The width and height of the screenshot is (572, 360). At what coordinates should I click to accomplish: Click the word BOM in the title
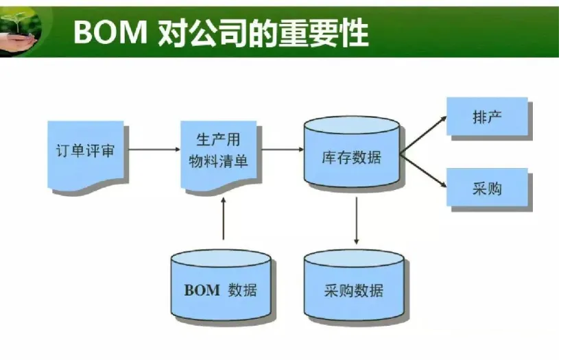pyautogui.click(x=110, y=32)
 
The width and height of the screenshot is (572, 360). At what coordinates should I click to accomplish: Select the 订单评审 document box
pyautogui.click(x=86, y=155)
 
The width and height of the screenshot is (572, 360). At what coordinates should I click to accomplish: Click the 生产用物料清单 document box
pyautogui.click(x=219, y=155)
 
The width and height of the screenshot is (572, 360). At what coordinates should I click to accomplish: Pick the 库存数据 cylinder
pyautogui.click(x=352, y=152)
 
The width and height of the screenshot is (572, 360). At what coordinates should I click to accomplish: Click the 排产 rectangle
pyautogui.click(x=487, y=117)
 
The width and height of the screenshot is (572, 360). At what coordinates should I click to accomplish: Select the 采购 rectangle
pyautogui.click(x=487, y=187)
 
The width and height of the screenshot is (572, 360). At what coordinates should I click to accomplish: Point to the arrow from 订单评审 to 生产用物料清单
pyautogui.click(x=155, y=149)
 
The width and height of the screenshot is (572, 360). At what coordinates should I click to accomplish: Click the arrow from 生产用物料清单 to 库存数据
pyautogui.click(x=283, y=149)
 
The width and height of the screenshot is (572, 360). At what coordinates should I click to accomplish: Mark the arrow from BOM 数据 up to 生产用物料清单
pyautogui.click(x=224, y=219)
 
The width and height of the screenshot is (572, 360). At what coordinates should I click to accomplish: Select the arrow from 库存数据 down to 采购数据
pyautogui.click(x=357, y=221)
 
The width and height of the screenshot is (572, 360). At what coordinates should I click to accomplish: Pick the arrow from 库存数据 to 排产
pyautogui.click(x=423, y=135)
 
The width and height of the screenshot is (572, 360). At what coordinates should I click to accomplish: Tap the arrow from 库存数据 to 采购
pyautogui.click(x=423, y=171)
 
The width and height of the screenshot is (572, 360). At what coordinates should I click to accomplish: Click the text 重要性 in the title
pyautogui.click(x=323, y=33)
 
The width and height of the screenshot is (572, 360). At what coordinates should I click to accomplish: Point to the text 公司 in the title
pyautogui.click(x=218, y=33)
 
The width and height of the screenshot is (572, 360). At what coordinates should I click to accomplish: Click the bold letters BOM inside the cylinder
pyautogui.click(x=202, y=290)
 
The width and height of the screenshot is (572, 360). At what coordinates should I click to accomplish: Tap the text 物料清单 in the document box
pyautogui.click(x=219, y=161)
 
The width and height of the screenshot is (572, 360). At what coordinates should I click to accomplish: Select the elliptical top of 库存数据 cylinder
pyautogui.click(x=352, y=125)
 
